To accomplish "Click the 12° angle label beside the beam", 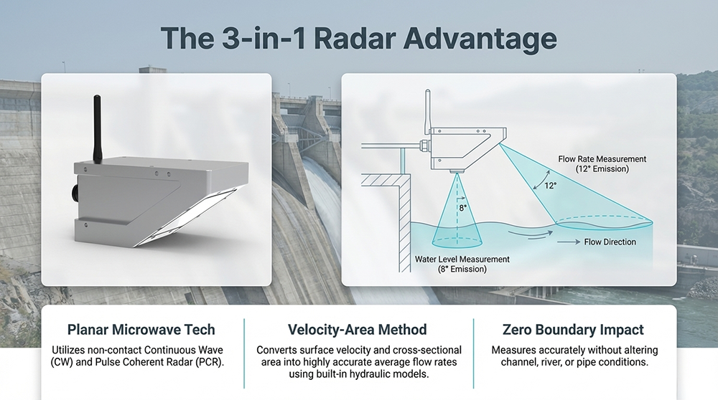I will coord(550,185).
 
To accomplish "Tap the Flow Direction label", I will coord(610,242).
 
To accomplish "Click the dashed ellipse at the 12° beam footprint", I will coord(603,222).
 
